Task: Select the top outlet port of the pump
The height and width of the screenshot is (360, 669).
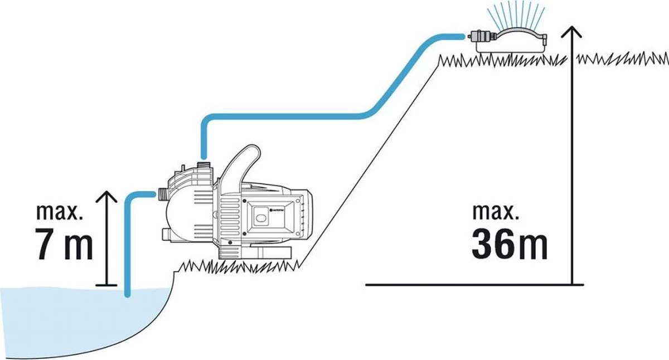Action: coord(203,164)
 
